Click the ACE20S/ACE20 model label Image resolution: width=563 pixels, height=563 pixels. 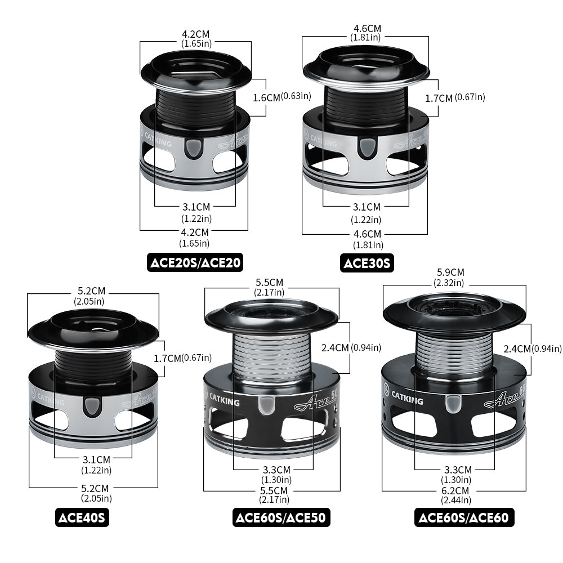(195, 262)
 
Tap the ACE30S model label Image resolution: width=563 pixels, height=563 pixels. (367, 263)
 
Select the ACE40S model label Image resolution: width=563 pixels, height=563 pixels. (82, 517)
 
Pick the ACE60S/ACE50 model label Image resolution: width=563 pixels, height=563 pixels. (281, 517)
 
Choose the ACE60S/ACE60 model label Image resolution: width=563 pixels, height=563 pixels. (464, 517)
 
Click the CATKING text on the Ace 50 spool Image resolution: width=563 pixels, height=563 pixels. (224, 400)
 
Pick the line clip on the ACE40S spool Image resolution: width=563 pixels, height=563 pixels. (92, 407)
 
